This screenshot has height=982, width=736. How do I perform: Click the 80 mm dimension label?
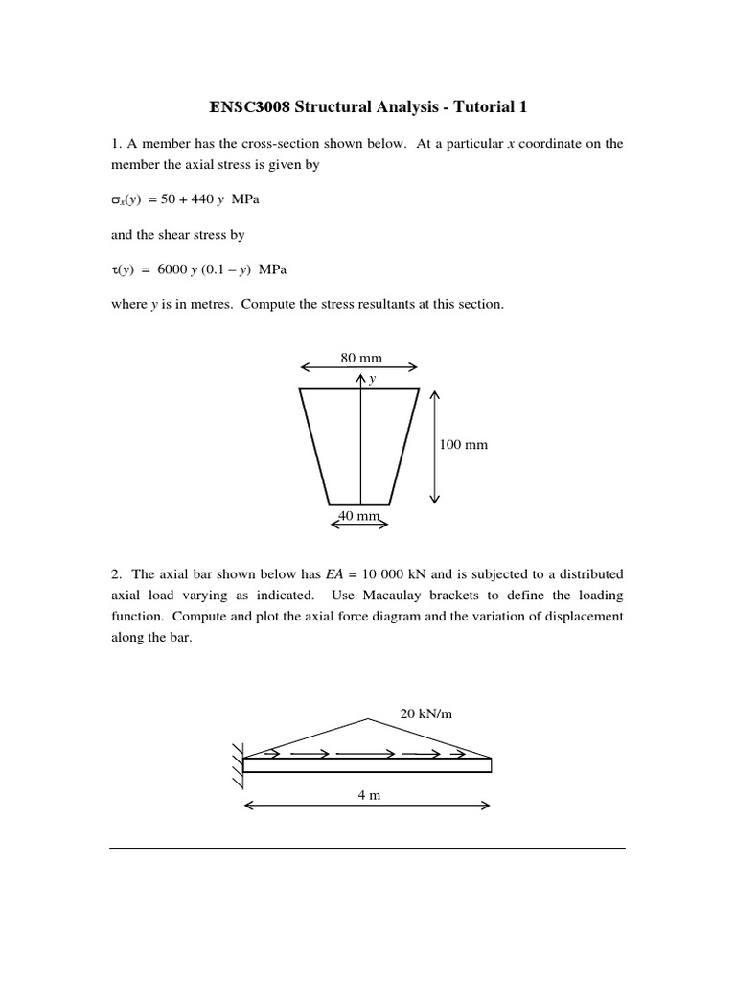(360, 358)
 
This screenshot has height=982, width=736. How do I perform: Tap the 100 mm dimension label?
(464, 445)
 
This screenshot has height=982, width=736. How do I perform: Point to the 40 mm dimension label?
(359, 516)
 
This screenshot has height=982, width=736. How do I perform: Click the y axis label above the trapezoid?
(372, 379)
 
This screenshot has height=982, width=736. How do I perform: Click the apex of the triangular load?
(368, 719)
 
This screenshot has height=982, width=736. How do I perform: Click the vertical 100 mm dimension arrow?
(434, 447)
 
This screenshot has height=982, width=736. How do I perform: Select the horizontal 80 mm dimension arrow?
(359, 367)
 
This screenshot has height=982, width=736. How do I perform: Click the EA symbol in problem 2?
(333, 574)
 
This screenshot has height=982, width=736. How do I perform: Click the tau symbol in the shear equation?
(115, 270)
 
